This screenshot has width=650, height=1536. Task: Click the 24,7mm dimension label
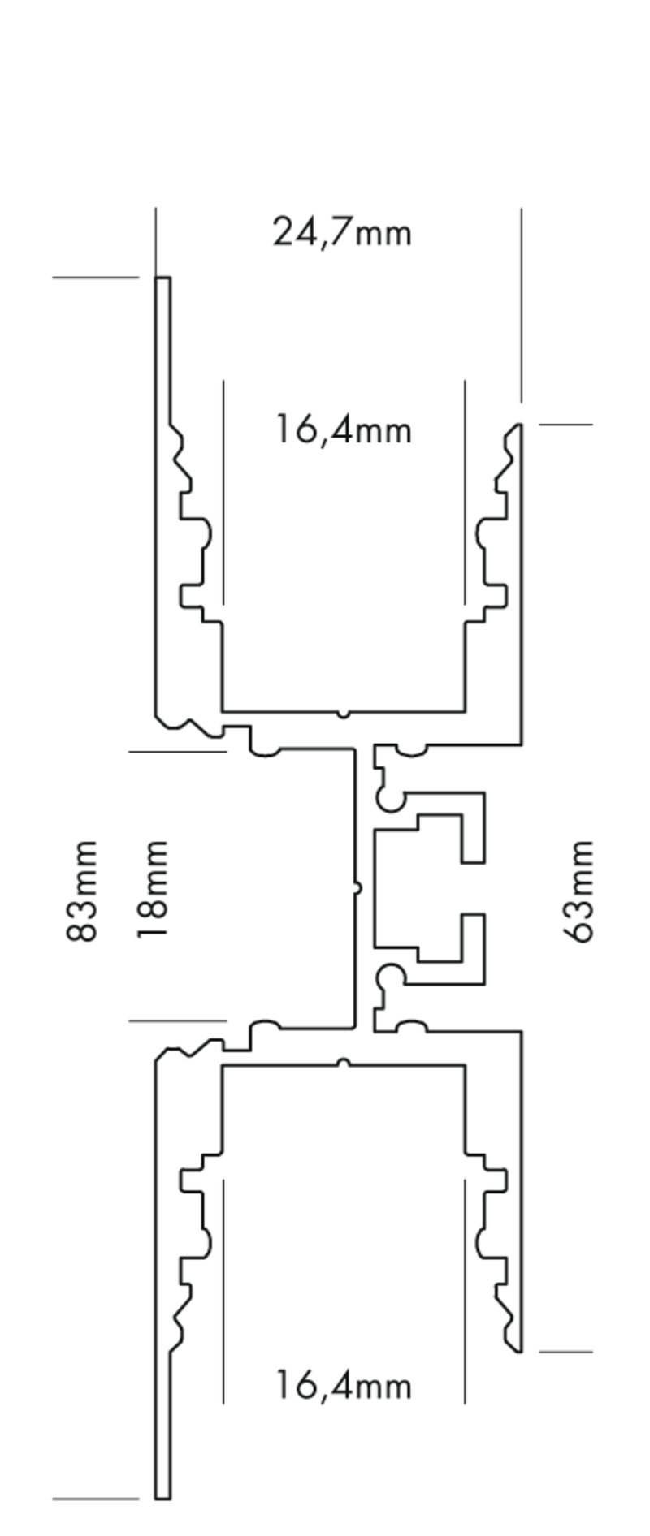[342, 232]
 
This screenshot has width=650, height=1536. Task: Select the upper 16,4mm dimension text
[343, 429]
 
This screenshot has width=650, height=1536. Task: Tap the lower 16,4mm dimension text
[343, 1385]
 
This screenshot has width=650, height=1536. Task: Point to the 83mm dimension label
[82, 891]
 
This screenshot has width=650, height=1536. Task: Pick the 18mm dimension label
[152, 890]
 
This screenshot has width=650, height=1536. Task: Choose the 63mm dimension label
[579, 891]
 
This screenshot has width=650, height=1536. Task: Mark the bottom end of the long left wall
[162, 1495]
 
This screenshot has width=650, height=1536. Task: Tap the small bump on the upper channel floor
[344, 714]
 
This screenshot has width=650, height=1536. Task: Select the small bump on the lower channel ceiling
[344, 1062]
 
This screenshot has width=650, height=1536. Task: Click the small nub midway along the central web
[357, 888]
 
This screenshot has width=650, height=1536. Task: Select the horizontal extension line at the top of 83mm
[96, 278]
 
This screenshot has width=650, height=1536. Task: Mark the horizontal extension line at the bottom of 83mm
[96, 1499]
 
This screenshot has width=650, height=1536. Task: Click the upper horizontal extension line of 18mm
[177, 752]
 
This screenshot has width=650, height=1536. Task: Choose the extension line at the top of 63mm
[565, 424]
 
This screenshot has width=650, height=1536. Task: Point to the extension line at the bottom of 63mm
[565, 1352]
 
